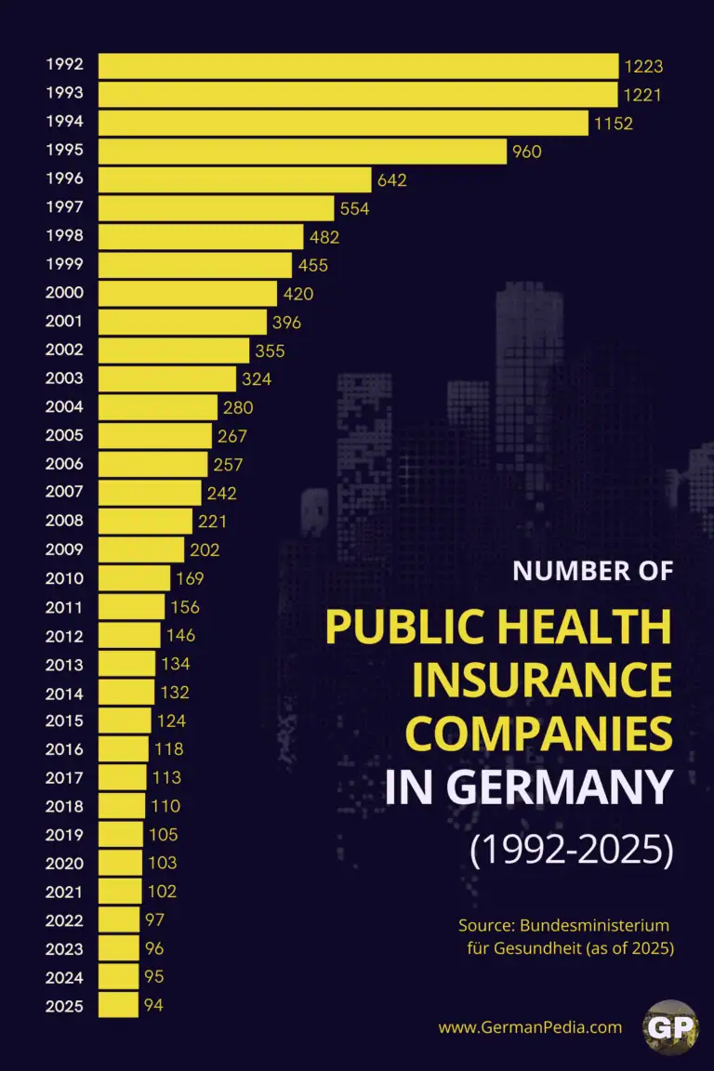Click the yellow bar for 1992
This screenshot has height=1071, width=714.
click(x=358, y=66)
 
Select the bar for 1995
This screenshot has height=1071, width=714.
click(x=302, y=152)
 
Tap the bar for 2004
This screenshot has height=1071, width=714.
click(x=158, y=407)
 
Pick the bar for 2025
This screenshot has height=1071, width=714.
click(x=119, y=1005)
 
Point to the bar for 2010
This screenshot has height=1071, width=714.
click(x=135, y=578)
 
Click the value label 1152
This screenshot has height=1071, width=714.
click(x=614, y=123)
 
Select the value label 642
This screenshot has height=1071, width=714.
click(x=391, y=180)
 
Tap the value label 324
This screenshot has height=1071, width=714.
click(x=257, y=379)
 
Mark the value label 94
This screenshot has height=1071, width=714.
click(x=153, y=1005)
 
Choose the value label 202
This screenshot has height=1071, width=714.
click(x=205, y=549)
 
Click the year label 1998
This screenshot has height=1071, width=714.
click(x=64, y=236)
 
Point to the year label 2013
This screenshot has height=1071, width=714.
click(x=64, y=664)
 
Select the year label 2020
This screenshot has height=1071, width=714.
click(x=64, y=863)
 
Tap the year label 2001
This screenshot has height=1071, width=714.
click(x=64, y=322)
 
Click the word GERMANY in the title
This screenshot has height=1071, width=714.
click(x=559, y=788)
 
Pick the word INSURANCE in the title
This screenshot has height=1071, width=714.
click(x=542, y=681)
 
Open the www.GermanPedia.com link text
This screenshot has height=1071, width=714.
click(x=530, y=1027)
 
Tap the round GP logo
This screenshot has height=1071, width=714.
click(x=669, y=1027)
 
